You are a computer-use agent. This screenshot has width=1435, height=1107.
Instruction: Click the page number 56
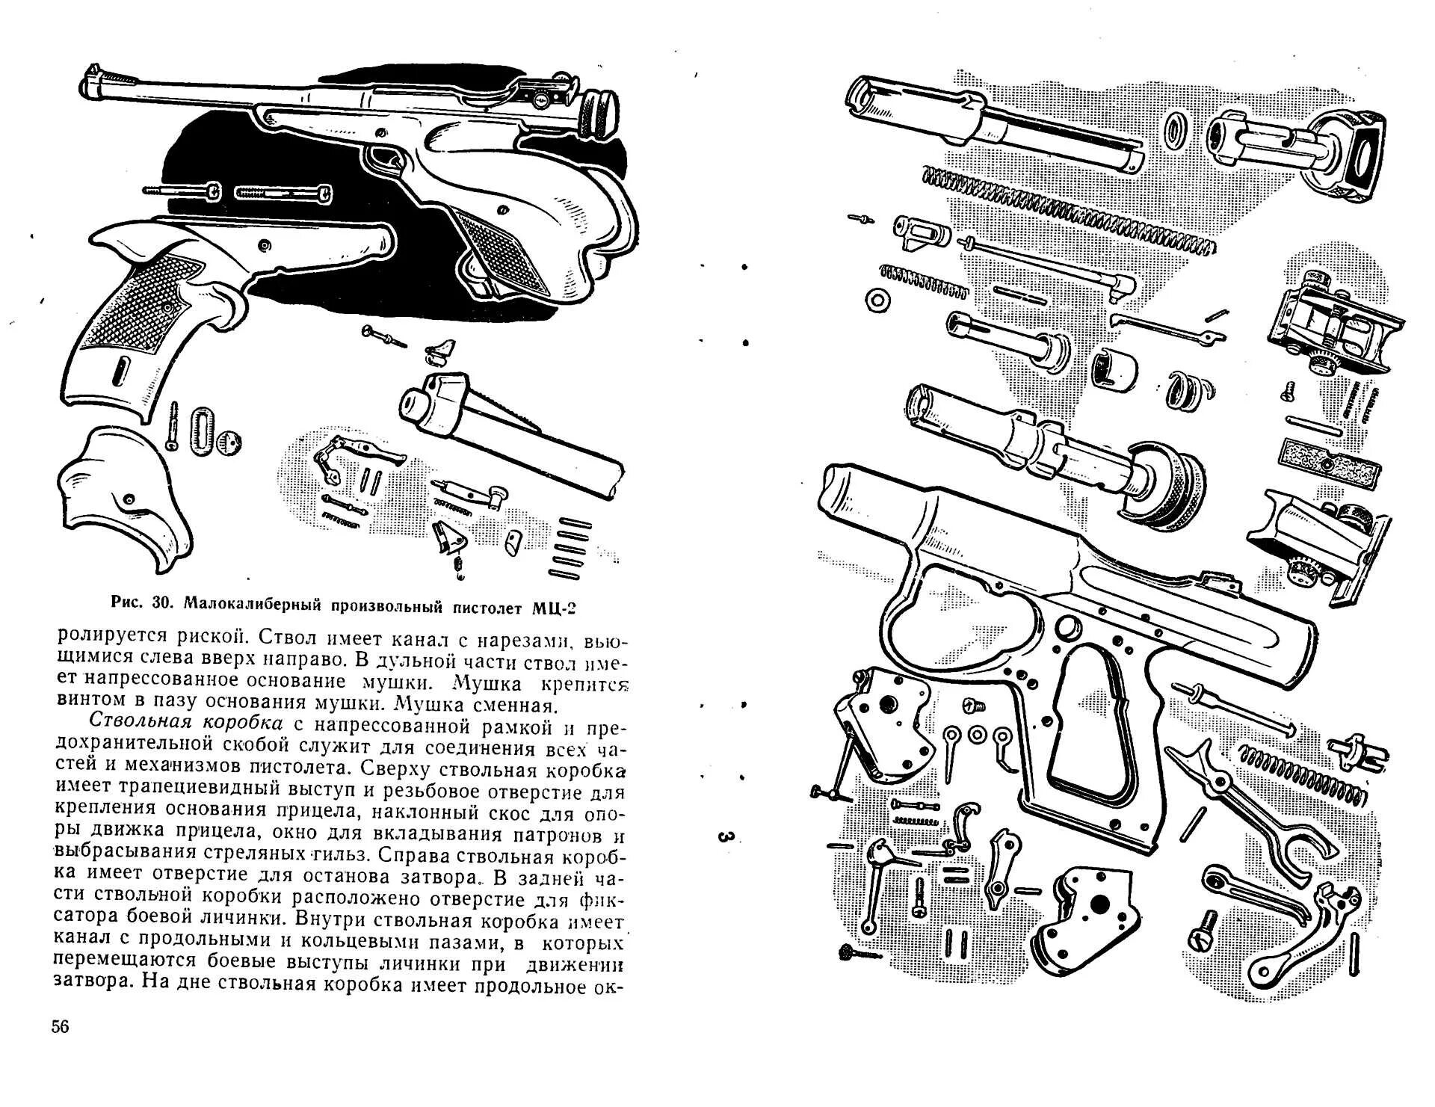click(60, 1026)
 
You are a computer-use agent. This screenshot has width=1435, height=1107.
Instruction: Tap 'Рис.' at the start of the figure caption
click(127, 602)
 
